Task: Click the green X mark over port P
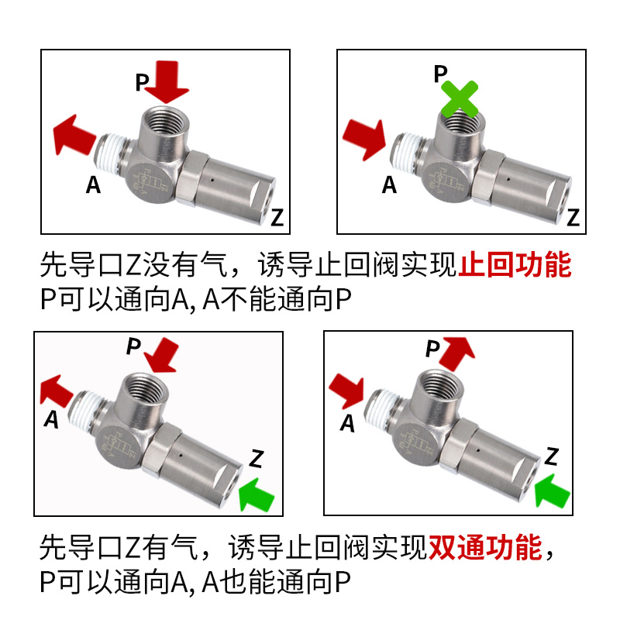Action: tap(460, 99)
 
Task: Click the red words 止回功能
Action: tap(515, 266)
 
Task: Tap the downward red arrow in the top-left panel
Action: tap(167, 84)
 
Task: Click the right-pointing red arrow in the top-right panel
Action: tap(363, 138)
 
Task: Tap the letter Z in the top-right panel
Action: tap(573, 218)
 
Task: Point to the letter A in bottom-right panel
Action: tap(348, 423)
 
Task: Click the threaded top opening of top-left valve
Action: tap(163, 119)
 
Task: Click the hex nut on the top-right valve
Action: tap(479, 185)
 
